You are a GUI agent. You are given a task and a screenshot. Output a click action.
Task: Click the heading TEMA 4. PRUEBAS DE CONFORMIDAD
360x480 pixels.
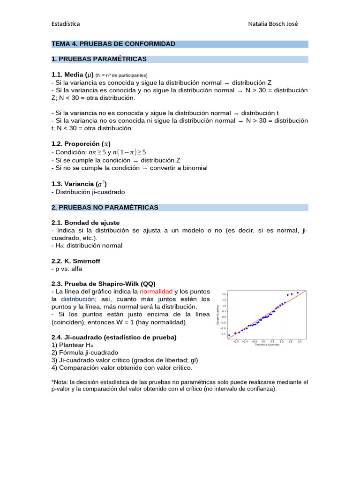tap(113, 44)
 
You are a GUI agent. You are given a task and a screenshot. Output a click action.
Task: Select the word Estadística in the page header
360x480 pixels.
tap(65, 24)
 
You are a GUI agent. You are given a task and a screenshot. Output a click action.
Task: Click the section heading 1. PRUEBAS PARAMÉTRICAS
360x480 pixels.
tap(99, 59)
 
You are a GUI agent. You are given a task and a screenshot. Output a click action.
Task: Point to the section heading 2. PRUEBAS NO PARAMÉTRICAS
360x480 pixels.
tap(105, 207)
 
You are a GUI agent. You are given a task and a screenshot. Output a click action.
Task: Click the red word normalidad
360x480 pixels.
tap(156, 292)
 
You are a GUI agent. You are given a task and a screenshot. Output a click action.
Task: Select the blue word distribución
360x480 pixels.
tap(78, 299)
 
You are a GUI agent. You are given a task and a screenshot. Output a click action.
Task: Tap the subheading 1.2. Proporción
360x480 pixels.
tap(81, 144)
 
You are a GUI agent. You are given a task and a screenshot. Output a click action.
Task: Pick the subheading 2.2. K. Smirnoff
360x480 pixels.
tap(75, 261)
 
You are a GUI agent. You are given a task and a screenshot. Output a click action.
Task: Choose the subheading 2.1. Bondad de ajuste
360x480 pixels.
tap(85, 223)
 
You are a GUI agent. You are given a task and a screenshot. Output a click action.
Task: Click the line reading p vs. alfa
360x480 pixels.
tap(69, 269)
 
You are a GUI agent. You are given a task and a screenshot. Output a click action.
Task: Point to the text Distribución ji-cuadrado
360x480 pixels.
tap(88, 192)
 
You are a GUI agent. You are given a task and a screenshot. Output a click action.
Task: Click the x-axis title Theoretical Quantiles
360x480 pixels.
tap(267, 345)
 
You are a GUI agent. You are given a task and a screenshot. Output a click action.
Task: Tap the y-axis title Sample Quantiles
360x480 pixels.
tap(217, 315)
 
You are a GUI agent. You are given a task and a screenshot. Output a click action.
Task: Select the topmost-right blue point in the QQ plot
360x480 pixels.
tap(298, 292)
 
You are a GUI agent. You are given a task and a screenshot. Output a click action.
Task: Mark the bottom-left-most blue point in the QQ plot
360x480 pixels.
tap(229, 335)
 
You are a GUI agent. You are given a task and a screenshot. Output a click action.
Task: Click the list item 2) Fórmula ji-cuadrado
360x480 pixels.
tap(85, 352)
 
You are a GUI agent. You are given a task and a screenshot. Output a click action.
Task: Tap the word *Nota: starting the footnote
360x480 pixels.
tap(60, 382)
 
